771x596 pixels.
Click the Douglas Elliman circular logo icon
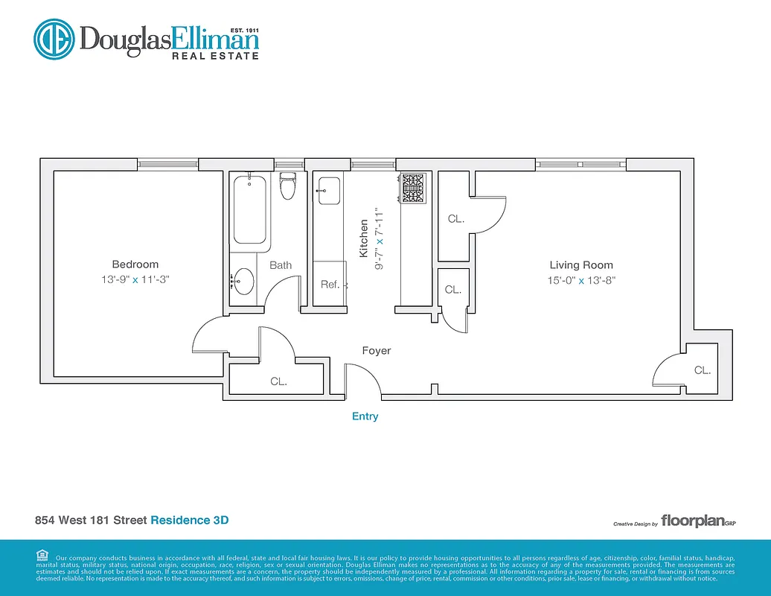click(x=54, y=39)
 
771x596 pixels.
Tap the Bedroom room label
click(x=135, y=264)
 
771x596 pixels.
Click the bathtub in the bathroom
click(x=249, y=209)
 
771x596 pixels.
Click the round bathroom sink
click(x=243, y=281)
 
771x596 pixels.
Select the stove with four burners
click(x=413, y=188)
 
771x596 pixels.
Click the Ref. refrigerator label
click(x=330, y=285)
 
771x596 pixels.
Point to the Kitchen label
click(x=364, y=238)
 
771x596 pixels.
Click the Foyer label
click(x=376, y=350)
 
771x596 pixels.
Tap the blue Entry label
click(x=365, y=416)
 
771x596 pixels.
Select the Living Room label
click(x=581, y=264)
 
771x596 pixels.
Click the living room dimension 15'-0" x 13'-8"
click(x=581, y=280)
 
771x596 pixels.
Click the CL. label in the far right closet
click(x=702, y=370)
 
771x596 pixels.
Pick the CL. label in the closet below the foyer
click(x=278, y=381)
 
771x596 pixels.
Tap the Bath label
click(x=281, y=265)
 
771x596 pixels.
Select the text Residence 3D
click(x=189, y=519)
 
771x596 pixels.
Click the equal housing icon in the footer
click(x=42, y=555)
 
